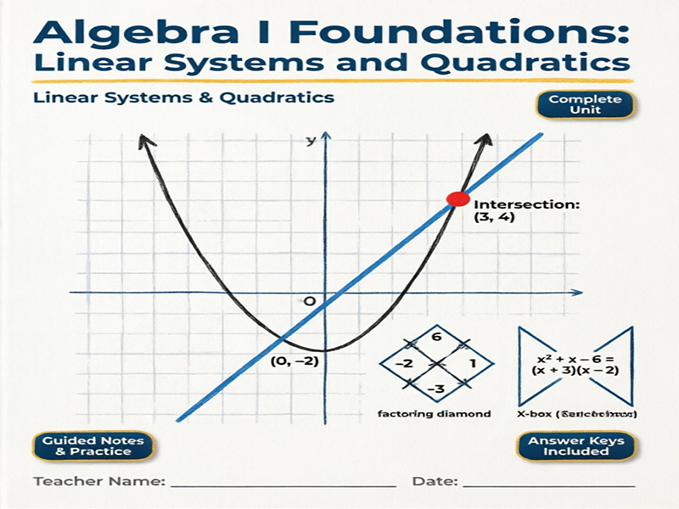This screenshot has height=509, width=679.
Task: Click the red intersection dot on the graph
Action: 457,200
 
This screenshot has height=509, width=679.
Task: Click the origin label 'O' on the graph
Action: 309,302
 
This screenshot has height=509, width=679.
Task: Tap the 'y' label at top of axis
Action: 311,139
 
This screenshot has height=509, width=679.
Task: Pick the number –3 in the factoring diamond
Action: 437,388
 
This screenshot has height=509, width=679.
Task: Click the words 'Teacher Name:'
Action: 98,482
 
